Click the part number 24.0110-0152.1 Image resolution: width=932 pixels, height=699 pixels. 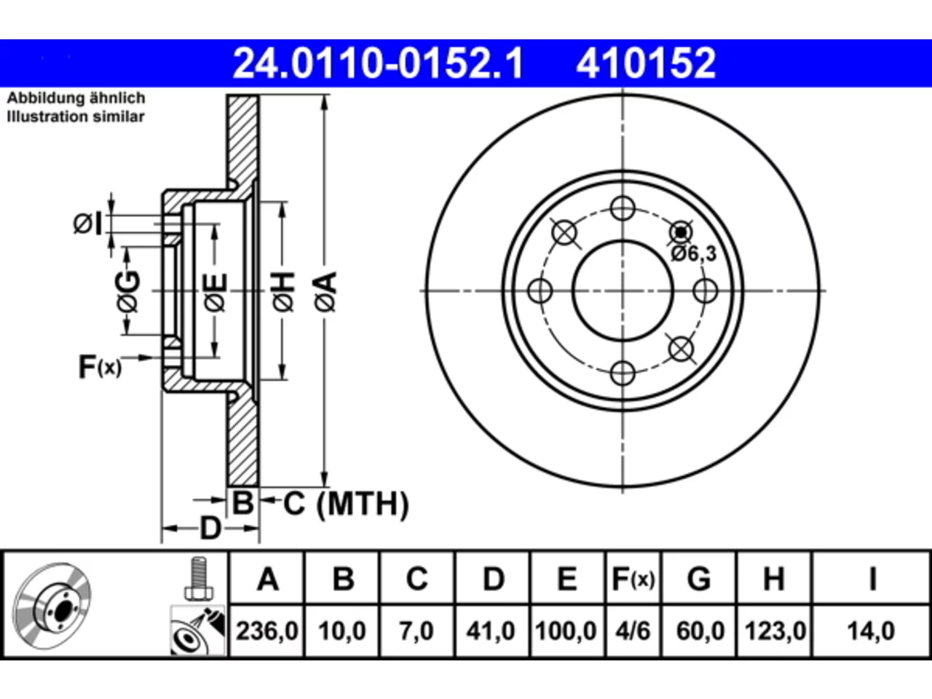tap(379, 63)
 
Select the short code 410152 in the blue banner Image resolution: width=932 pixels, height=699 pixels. tap(646, 63)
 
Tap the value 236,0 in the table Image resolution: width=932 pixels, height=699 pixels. tap(267, 631)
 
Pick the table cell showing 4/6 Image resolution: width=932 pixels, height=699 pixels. tap(633, 631)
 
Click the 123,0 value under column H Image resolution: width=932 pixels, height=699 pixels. tap(775, 631)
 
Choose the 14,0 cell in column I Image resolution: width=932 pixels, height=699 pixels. tap(871, 631)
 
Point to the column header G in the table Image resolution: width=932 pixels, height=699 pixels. tap(699, 579)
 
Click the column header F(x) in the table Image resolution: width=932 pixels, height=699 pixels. tap(633, 579)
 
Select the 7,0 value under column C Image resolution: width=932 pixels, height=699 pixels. tap(416, 631)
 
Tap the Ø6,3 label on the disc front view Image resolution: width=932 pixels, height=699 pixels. tap(694, 254)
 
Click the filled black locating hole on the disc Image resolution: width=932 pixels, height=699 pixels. tap(681, 232)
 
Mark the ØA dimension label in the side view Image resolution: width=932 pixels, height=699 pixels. tap(325, 292)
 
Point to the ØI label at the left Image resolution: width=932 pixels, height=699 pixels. tap(87, 224)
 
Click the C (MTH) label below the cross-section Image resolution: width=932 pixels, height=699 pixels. tap(346, 504)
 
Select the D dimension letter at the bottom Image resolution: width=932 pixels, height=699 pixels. tap(210, 529)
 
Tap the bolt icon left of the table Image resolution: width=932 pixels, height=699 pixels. tap(198, 578)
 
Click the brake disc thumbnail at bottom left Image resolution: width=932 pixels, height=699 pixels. tap(52, 606)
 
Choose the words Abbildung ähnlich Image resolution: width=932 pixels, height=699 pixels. tap(76, 98)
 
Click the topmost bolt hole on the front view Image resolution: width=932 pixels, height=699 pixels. tap(623, 208)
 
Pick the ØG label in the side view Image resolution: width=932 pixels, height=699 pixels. tap(128, 291)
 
